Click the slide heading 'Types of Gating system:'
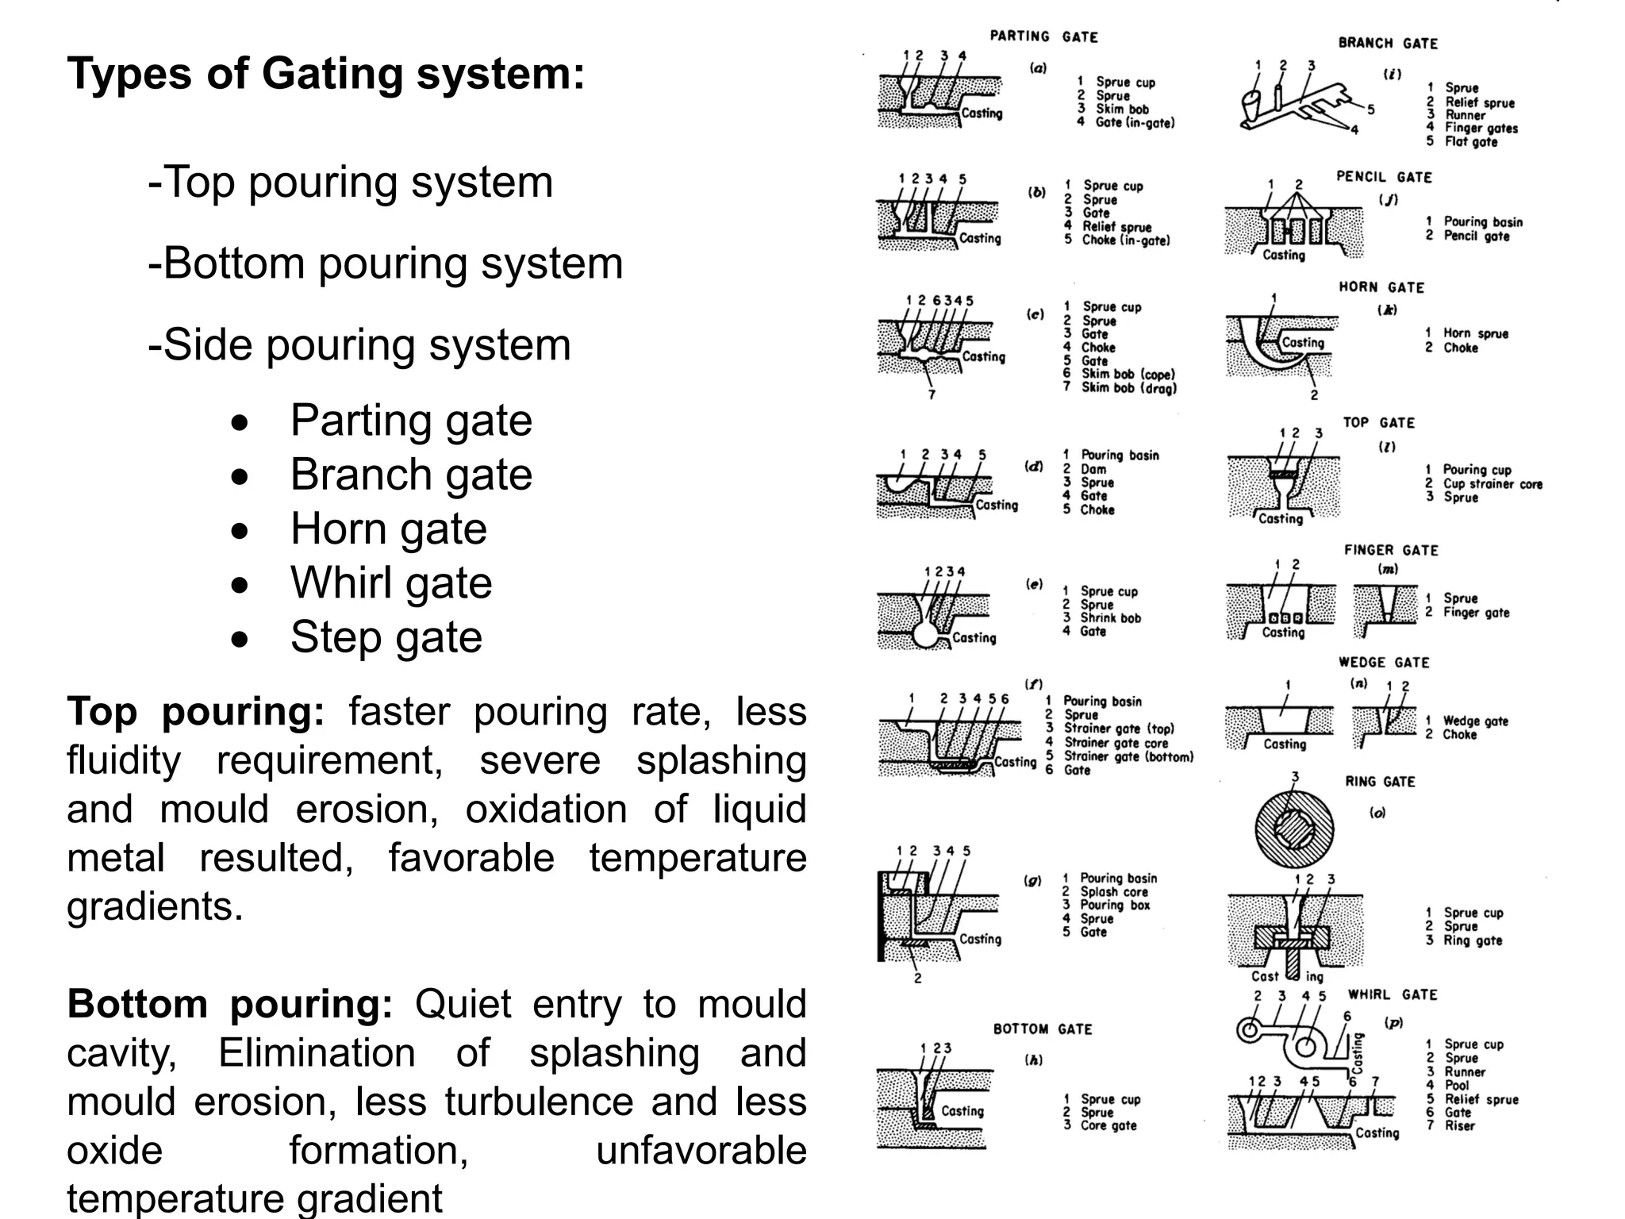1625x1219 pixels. pyautogui.click(x=325, y=74)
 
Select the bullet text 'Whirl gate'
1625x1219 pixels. pyautogui.click(x=390, y=583)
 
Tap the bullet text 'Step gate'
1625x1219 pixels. pyautogui.click(x=386, y=637)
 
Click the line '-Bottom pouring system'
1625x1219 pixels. pyautogui.click(x=386, y=263)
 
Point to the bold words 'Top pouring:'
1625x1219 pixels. pyautogui.click(x=195, y=711)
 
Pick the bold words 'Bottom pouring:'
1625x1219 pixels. pyautogui.click(x=229, y=1004)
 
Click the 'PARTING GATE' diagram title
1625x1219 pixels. pyautogui.click(x=1043, y=37)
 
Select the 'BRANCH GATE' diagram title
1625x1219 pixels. pyautogui.click(x=1388, y=44)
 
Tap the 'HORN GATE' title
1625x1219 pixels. pyautogui.click(x=1381, y=287)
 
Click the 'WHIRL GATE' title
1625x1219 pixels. pyautogui.click(x=1393, y=995)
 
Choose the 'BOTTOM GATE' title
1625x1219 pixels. pyautogui.click(x=1043, y=1029)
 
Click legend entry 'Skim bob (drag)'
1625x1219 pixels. pyautogui.click(x=1128, y=388)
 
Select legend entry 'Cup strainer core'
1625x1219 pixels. pyautogui.click(x=1492, y=484)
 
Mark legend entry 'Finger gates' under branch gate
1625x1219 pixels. pyautogui.click(x=1481, y=129)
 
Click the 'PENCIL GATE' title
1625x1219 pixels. pyautogui.click(x=1384, y=177)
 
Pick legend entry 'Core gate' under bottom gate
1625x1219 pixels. pyautogui.click(x=1108, y=1125)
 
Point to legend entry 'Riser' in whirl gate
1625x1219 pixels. pyautogui.click(x=1459, y=1125)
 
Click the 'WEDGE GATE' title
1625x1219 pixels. pyautogui.click(x=1384, y=663)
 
